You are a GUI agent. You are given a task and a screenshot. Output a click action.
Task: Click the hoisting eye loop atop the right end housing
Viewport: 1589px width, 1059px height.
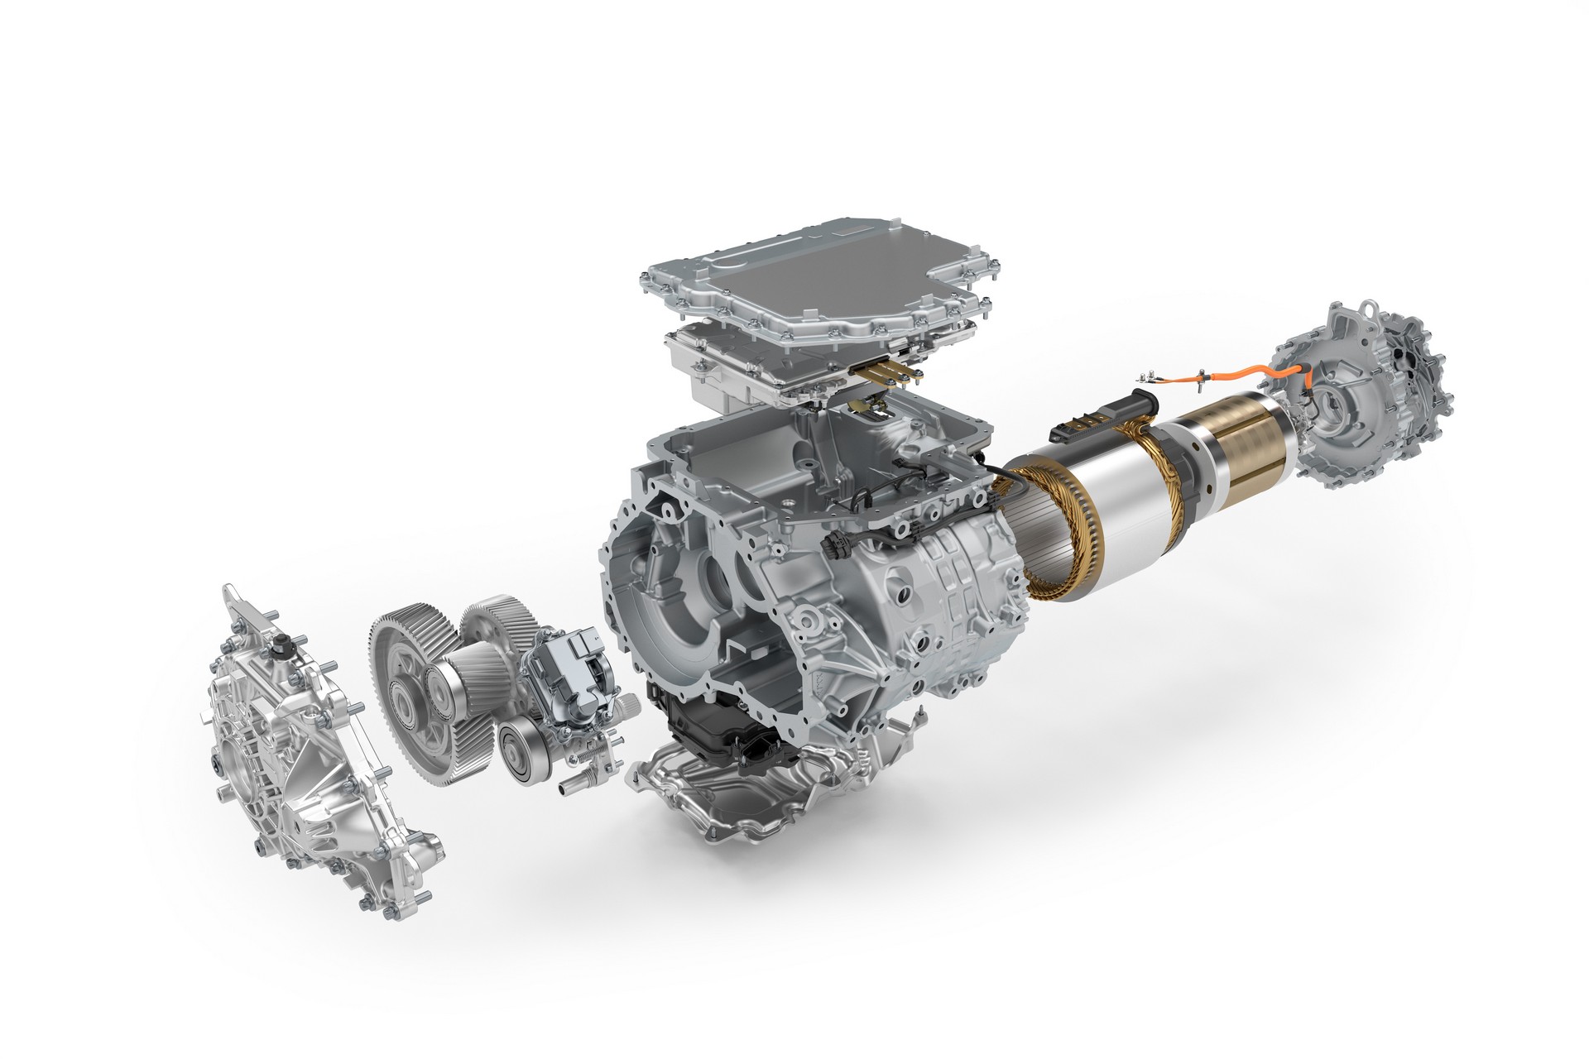(x=1348, y=314)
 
